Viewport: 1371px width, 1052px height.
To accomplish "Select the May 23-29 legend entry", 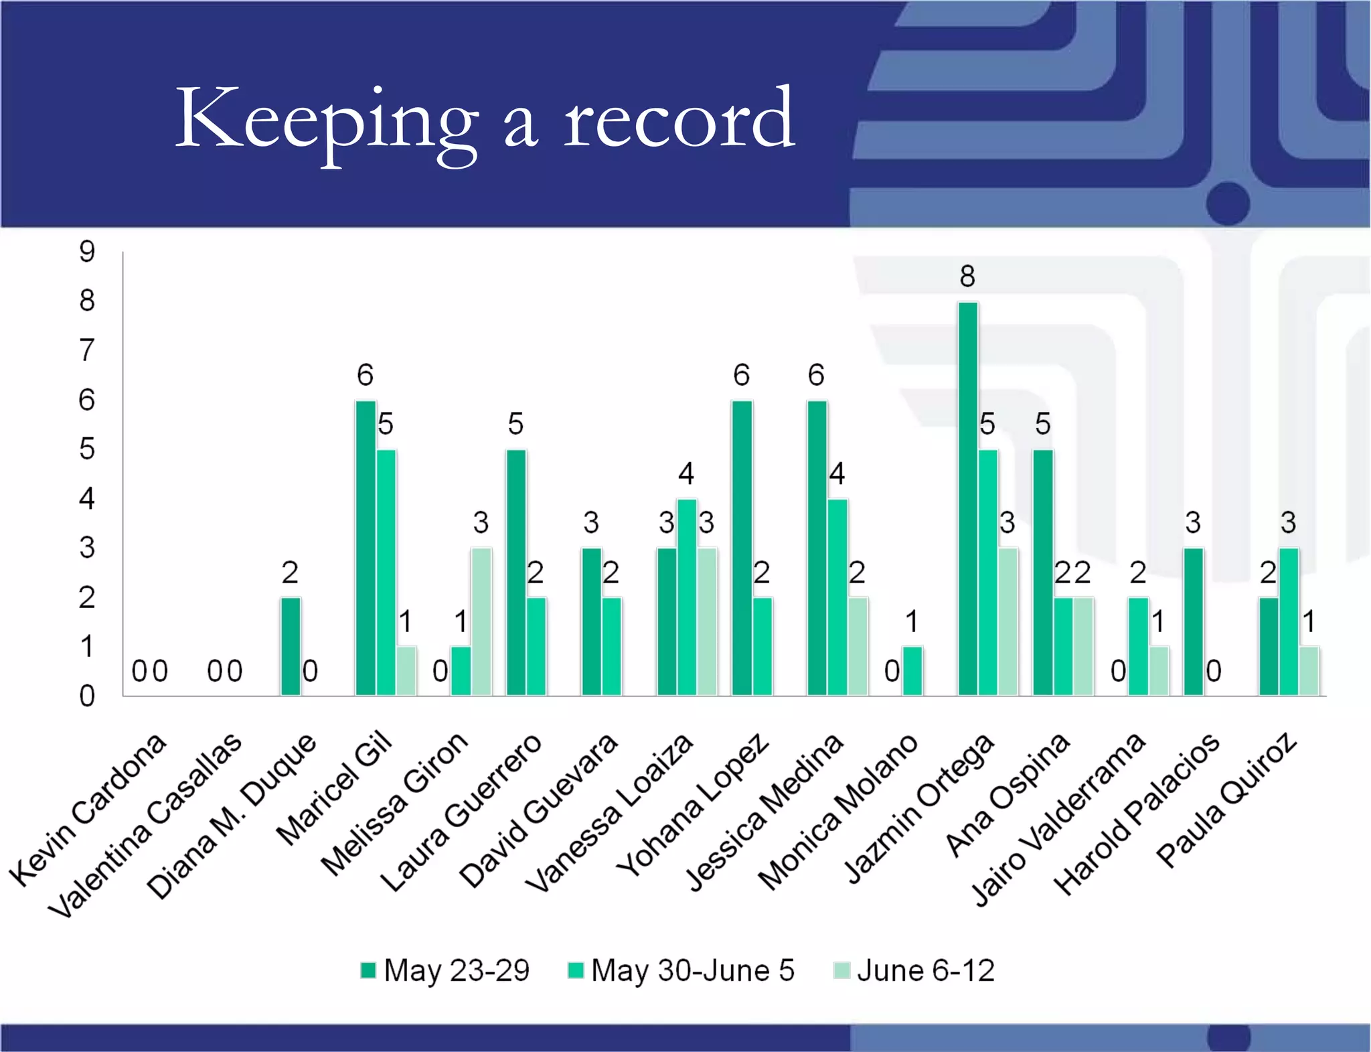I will [x=445, y=970].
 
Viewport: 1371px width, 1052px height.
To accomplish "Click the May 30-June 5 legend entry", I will [x=681, y=970].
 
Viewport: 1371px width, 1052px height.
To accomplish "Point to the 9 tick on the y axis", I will [x=87, y=252].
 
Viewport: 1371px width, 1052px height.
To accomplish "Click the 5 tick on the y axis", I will [x=87, y=449].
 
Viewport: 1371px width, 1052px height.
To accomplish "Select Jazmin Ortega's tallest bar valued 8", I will [x=967, y=499].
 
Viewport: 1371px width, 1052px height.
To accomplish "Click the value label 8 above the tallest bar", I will [x=967, y=276].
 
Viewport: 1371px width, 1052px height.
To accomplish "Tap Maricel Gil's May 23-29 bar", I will [x=366, y=548].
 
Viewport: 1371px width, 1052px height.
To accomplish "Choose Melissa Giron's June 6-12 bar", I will [x=481, y=621].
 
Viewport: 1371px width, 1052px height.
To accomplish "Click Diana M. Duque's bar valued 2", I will [x=290, y=646].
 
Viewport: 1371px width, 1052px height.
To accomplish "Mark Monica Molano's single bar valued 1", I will [x=912, y=671].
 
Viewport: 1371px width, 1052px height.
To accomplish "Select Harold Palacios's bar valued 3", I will [x=1193, y=621].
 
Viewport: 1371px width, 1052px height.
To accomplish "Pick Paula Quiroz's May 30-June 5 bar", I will [x=1289, y=621].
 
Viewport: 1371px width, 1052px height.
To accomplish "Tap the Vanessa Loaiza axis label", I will [x=609, y=813].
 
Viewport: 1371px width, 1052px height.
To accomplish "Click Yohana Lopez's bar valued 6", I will [x=742, y=548].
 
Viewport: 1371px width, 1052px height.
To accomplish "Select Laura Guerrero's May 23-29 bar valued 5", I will [x=515, y=573].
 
